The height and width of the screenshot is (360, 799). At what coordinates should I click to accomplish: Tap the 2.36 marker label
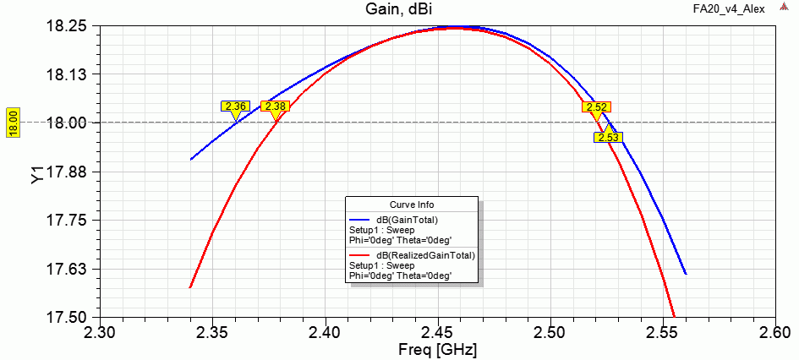pos(235,106)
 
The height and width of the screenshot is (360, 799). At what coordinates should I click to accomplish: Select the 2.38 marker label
pos(275,106)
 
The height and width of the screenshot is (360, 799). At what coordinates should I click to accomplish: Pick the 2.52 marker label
pos(596,107)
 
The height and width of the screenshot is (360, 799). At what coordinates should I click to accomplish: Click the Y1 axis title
pos(36,174)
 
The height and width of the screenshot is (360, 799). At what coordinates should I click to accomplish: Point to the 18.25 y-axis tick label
pos(67,26)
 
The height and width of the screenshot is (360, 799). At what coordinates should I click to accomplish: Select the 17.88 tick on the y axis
pos(67,172)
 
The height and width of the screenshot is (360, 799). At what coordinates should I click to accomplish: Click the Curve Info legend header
pos(412,205)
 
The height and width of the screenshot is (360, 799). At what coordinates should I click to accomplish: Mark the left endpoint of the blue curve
pos(191,159)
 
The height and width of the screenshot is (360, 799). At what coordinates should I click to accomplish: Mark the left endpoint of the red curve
pos(190,287)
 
